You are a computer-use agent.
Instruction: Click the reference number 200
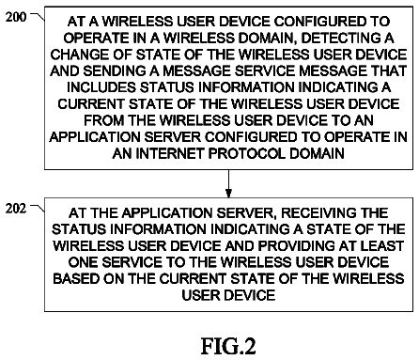pos(16,17)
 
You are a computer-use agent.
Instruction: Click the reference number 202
pos(16,208)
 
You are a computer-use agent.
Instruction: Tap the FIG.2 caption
pos(228,346)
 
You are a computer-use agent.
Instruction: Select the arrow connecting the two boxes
pos(228,184)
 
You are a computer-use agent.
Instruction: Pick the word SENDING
pos(115,70)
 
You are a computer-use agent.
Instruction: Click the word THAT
pos(389,70)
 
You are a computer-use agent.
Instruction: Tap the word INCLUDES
pos(101,87)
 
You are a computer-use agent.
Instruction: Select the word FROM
pos(103,120)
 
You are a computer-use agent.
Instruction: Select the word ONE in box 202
pos(83,262)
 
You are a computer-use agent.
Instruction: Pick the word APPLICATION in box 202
pos(167,213)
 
